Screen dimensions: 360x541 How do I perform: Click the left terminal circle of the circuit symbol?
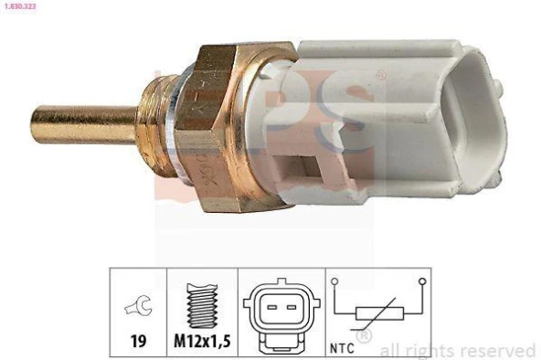pos(335,281)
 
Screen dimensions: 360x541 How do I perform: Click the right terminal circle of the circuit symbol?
pos(421,281)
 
